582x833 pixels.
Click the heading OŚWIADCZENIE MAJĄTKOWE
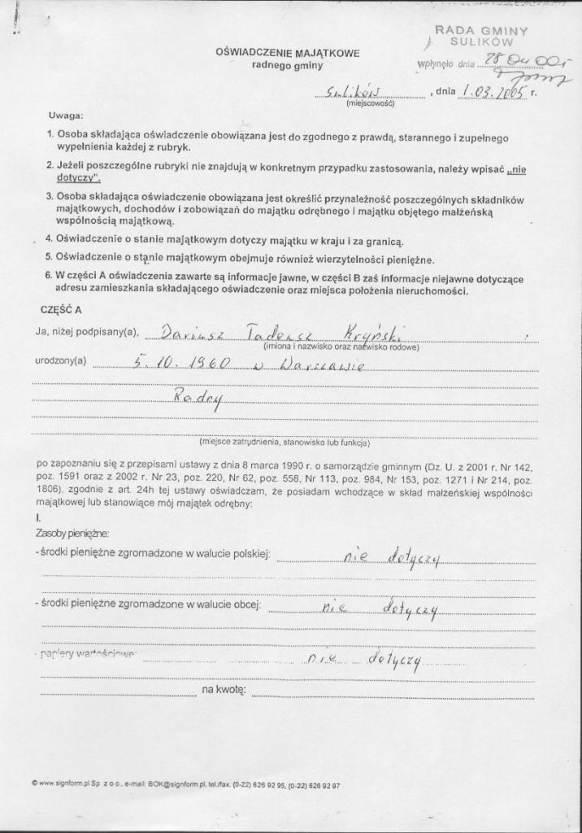tap(287, 52)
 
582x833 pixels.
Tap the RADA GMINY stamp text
tap(481, 30)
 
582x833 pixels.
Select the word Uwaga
tap(65, 116)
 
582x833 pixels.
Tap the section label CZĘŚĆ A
tap(61, 310)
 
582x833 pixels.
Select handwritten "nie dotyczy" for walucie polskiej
tap(391, 557)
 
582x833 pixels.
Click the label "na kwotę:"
tap(224, 690)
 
